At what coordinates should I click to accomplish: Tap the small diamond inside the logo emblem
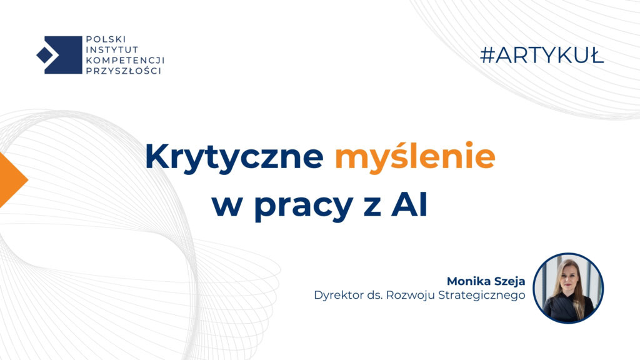pos(44,55)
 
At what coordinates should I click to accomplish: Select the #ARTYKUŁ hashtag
pos(542,56)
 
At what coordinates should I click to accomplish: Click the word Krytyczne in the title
pos(234,158)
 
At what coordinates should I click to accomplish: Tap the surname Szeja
pos(508,281)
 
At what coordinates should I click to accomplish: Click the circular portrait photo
pos(568,288)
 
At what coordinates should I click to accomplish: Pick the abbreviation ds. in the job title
pos(372,296)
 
